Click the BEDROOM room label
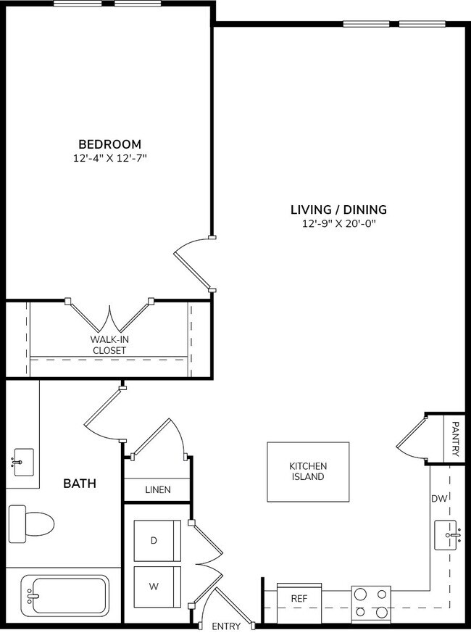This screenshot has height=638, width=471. point(109,144)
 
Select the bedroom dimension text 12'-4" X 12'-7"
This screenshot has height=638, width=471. point(109,157)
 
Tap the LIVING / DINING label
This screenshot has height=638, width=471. point(338,210)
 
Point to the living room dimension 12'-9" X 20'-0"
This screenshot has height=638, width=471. point(338,224)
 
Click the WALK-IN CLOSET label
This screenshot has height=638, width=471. point(109,344)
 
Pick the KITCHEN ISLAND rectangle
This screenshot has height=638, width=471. point(308,472)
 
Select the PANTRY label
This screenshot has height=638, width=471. point(455,438)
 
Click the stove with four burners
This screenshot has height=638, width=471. point(370,604)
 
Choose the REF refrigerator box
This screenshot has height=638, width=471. point(299,599)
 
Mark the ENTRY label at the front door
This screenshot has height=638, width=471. point(225,626)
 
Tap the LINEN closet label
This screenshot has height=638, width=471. point(157,490)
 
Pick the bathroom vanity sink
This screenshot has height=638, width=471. point(22,461)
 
